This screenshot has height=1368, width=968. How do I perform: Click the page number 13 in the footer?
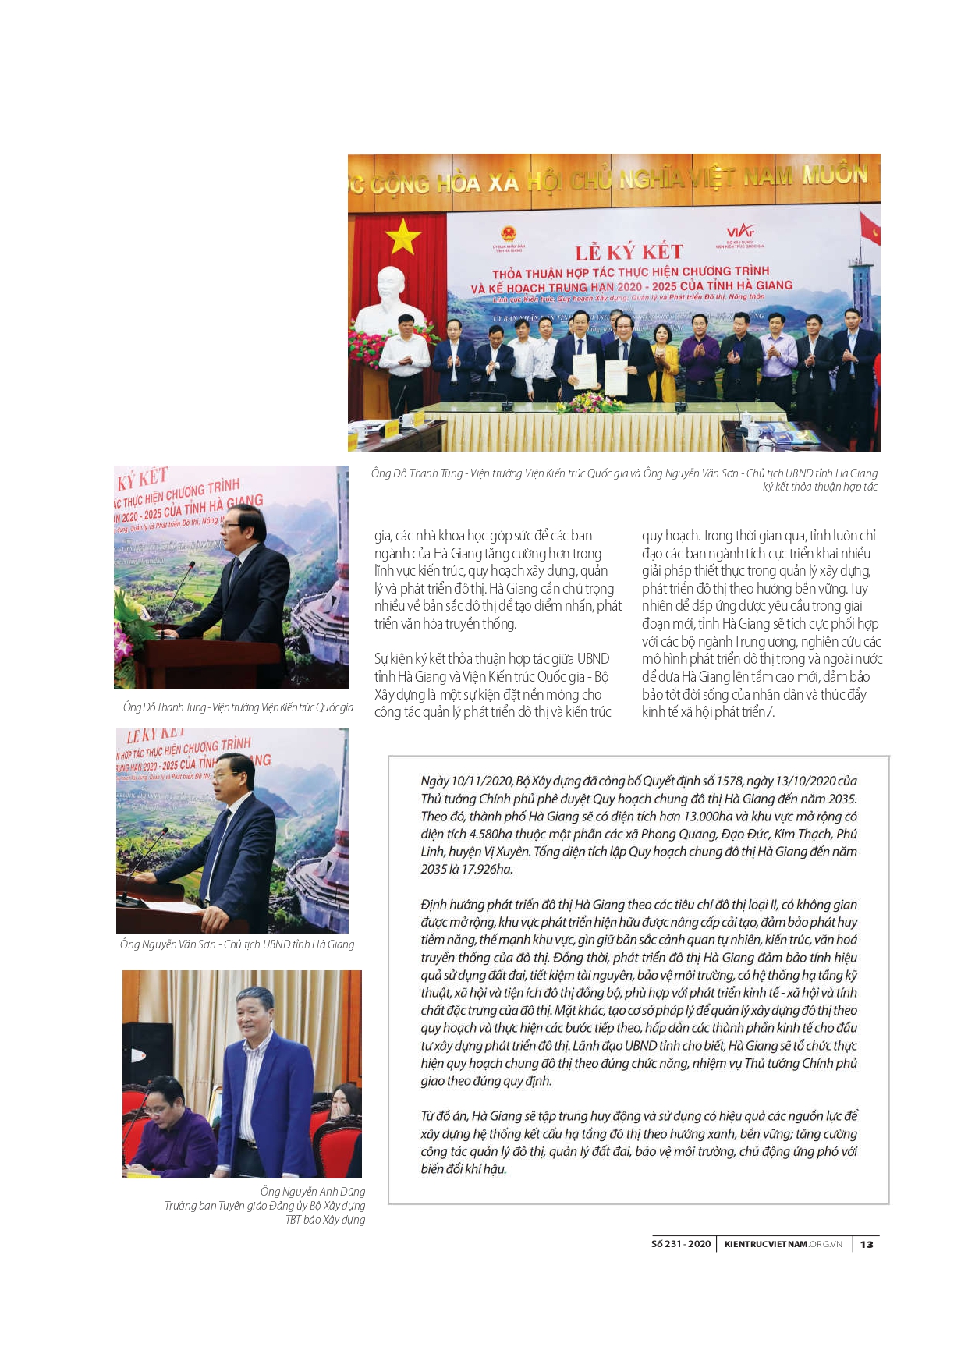[867, 1244]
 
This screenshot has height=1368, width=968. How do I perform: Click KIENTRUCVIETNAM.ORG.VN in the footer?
[783, 1244]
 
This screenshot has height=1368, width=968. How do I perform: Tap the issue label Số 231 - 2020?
[681, 1244]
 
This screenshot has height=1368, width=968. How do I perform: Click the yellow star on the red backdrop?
[402, 236]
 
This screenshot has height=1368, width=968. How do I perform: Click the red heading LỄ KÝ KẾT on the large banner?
[629, 252]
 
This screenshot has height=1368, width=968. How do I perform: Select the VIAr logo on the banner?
[739, 231]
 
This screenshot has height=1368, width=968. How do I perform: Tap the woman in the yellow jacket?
[664, 363]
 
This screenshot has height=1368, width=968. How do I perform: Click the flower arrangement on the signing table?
[590, 402]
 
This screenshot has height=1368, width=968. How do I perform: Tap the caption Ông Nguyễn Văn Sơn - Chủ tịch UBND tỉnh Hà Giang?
[237, 944]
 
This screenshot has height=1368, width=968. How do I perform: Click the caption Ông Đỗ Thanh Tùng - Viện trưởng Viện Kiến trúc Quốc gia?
[238, 707]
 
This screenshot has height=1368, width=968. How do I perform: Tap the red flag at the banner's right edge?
[870, 229]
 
